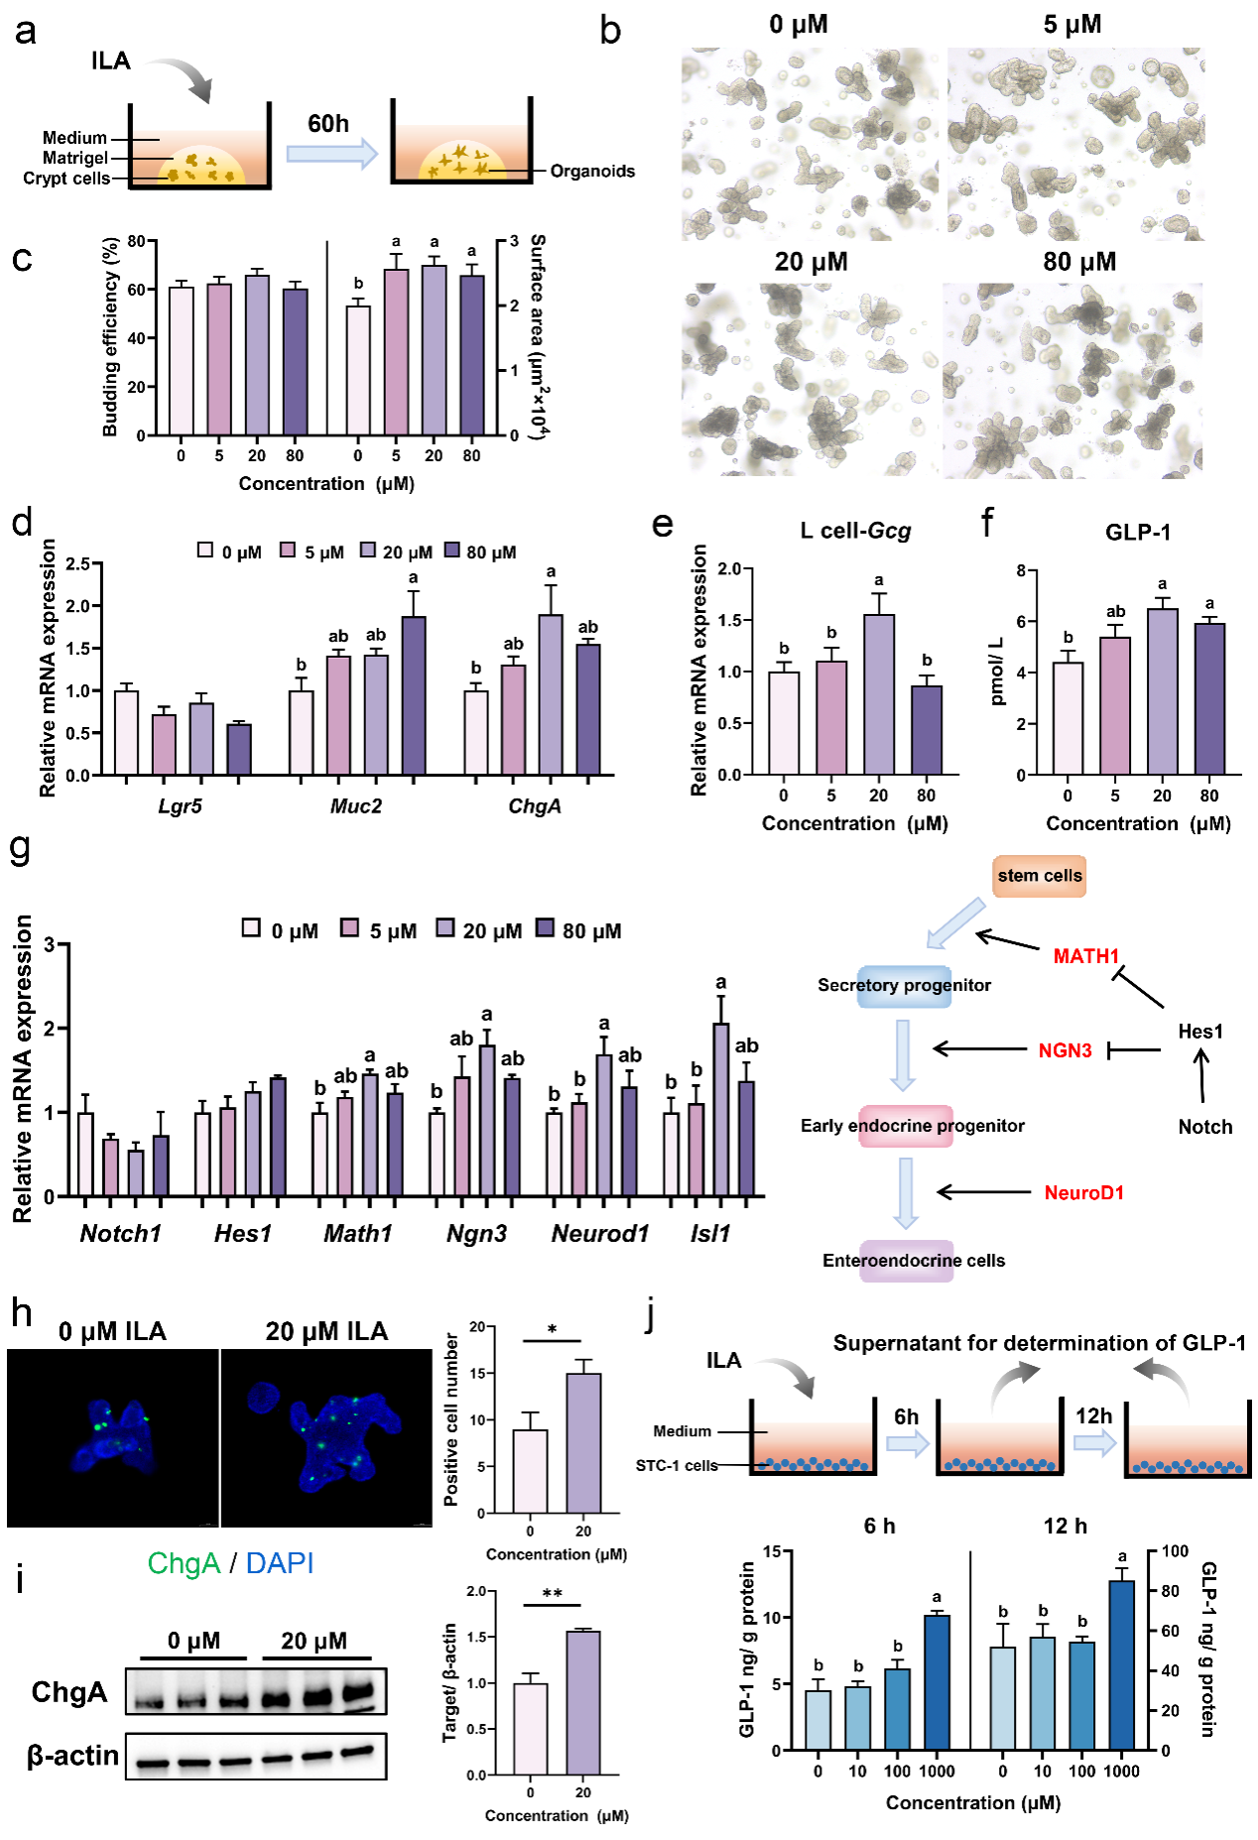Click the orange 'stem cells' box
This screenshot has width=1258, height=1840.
tap(1039, 876)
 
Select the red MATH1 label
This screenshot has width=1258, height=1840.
tap(1085, 956)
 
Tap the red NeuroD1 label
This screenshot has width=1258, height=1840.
tap(1083, 1192)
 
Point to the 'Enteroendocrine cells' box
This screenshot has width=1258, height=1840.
tap(913, 1261)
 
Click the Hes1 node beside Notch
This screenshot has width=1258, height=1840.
tap(1199, 1032)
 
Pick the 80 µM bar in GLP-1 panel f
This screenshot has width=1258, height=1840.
tap(1208, 698)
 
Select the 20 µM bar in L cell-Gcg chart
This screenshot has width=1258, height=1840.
tap(878, 694)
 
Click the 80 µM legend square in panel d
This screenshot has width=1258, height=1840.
tap(452, 551)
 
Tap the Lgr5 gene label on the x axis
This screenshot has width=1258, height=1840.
tap(180, 806)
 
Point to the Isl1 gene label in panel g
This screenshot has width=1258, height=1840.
tap(710, 1234)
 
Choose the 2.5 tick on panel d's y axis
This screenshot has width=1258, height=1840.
tap(77, 564)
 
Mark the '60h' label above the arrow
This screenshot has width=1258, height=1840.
tap(328, 124)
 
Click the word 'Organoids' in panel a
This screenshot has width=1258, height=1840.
tap(592, 172)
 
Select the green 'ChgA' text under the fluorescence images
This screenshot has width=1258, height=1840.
tap(184, 1563)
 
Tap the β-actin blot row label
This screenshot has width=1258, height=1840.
tap(72, 1756)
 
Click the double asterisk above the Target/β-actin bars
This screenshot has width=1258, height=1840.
tap(553, 1594)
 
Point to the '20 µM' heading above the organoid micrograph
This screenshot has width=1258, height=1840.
tap(811, 262)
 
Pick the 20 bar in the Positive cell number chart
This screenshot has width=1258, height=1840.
tap(583, 1443)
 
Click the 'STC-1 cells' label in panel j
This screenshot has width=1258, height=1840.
tap(677, 1465)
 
